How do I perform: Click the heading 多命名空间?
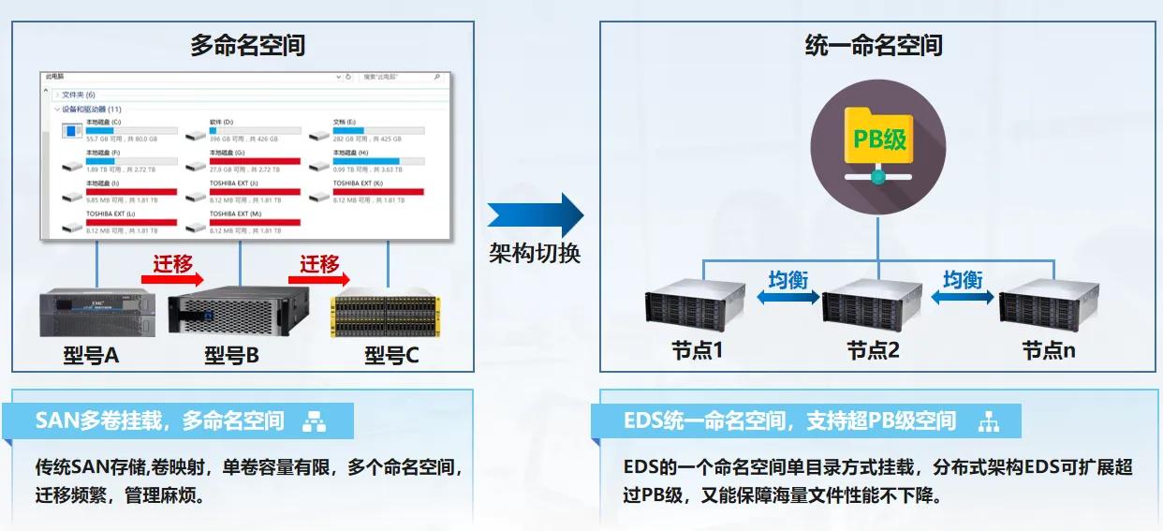[x=247, y=45]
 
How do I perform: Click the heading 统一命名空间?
[x=874, y=45]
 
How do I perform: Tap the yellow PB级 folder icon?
[x=877, y=140]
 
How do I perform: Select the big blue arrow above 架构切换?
[x=535, y=216]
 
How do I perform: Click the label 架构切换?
[x=535, y=254]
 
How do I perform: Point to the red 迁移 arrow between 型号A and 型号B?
[x=172, y=278]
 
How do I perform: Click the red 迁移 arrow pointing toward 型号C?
[x=319, y=278]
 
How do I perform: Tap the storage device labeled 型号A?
[x=96, y=313]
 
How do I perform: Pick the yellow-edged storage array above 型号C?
[x=387, y=315]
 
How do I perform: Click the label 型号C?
[x=391, y=355]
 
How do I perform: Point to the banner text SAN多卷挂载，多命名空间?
[x=159, y=421]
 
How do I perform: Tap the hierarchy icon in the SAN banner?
[x=314, y=422]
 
